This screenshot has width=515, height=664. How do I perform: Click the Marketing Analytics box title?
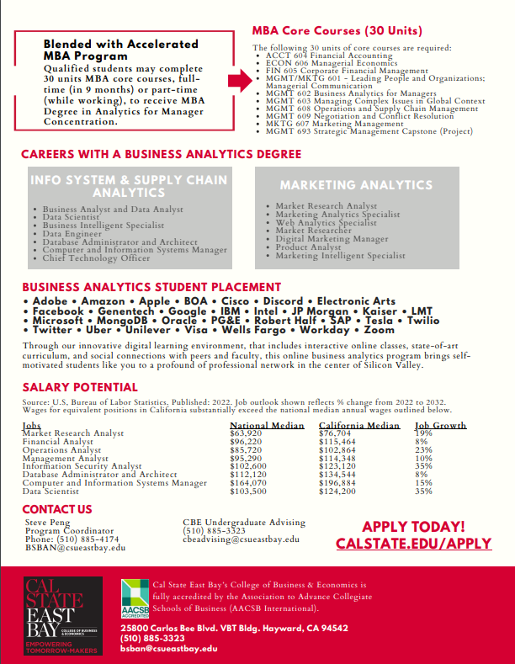pyautogui.click(x=356, y=185)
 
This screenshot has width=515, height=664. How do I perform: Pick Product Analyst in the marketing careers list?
pyautogui.click(x=308, y=247)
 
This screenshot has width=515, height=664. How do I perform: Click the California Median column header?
pyautogui.click(x=359, y=425)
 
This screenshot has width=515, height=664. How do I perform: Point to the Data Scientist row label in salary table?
pyautogui.click(x=52, y=491)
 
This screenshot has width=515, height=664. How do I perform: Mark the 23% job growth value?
pyautogui.click(x=423, y=449)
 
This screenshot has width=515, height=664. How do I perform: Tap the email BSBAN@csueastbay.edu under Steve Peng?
pyautogui.click(x=75, y=547)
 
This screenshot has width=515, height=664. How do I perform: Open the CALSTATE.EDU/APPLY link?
pyautogui.click(x=413, y=544)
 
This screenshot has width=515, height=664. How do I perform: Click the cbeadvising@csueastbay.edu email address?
pyautogui.click(x=241, y=539)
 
